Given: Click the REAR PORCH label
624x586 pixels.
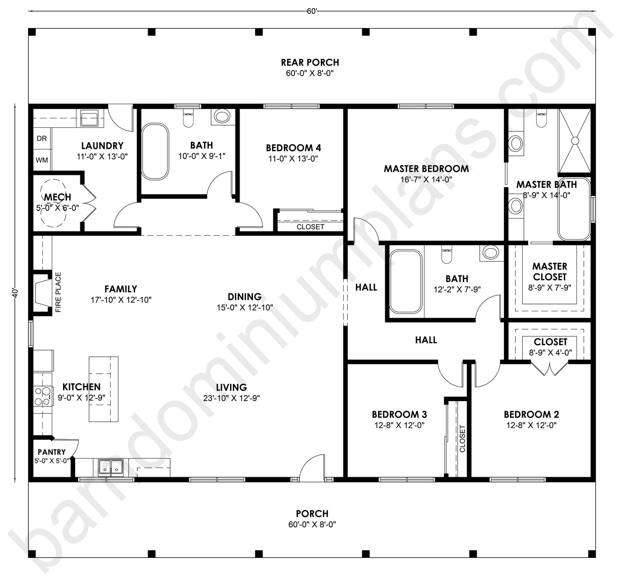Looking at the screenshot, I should tap(310, 63).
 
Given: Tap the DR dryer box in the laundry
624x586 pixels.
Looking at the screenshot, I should tap(42, 139).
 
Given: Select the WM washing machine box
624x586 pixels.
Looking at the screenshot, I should tap(42, 160).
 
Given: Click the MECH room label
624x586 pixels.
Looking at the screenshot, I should tap(57, 197).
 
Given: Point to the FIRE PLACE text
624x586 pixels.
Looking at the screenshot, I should tap(58, 292).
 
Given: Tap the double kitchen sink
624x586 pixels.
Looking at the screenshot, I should tap(111, 467).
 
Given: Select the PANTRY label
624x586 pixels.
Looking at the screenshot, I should tap(52, 452).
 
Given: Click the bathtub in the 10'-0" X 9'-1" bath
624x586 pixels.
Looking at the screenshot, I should tap(155, 152).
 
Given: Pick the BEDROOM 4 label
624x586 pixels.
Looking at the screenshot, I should tap(293, 148).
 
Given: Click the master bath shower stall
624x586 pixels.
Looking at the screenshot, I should tap(574, 140).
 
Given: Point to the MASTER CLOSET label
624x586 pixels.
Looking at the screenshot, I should tap(549, 272).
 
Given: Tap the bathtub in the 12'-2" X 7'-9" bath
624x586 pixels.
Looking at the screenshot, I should tap(405, 282).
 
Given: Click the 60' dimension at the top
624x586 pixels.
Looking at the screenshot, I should tap(312, 12).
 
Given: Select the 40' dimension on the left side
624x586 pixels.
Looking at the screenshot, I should tap(15, 293).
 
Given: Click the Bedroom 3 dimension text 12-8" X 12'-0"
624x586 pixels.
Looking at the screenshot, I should tap(399, 425).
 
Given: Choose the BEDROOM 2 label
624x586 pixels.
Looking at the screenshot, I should tap(531, 415).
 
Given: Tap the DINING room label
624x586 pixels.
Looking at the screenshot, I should tap(244, 297).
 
